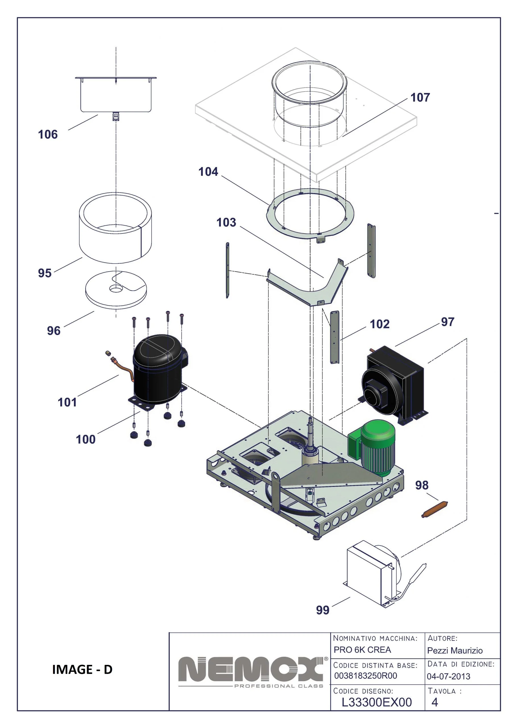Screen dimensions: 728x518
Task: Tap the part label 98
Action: point(421,485)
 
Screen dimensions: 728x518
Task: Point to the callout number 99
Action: point(322,610)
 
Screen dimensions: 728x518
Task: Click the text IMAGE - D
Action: point(82,669)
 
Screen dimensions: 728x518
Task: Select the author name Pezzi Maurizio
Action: point(455,650)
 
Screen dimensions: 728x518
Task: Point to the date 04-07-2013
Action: point(448,676)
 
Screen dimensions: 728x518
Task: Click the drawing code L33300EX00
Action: point(376,702)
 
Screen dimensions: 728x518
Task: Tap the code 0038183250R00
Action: point(366,676)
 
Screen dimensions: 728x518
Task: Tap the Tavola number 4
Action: point(434,702)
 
